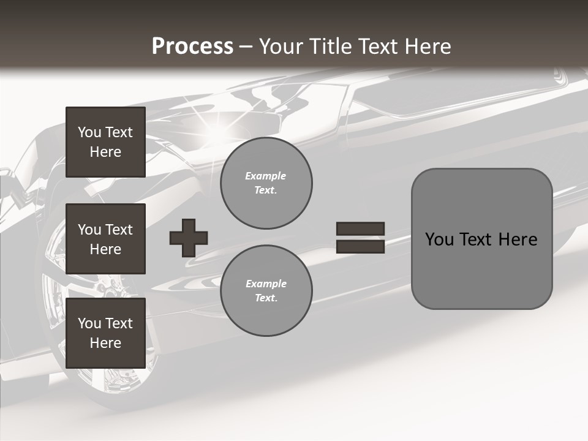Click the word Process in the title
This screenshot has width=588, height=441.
192,47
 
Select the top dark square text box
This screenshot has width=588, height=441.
105,142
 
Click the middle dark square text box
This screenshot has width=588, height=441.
105,239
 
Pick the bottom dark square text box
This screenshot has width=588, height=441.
105,333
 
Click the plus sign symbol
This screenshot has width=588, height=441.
189,238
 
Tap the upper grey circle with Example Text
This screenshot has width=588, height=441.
266,183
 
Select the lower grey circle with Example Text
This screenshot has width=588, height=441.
266,290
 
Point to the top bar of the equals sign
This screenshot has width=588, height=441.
360,229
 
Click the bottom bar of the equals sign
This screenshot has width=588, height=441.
360,246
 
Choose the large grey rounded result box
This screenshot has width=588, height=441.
481,238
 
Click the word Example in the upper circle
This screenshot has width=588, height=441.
266,176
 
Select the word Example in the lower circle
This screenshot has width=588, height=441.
266,284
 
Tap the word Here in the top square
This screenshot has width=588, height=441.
105,152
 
